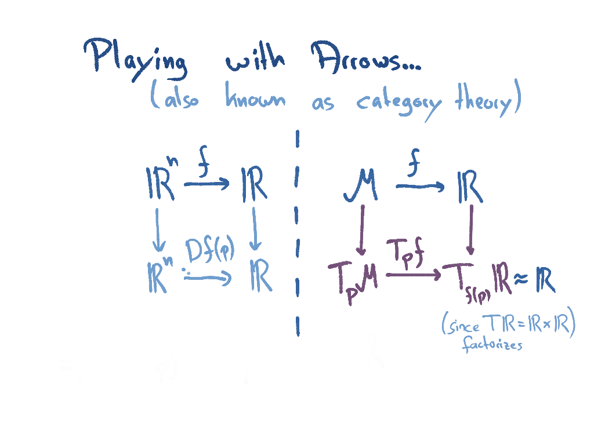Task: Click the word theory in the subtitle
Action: pos(484,101)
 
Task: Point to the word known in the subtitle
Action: pos(255,99)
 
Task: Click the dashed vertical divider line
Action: pos(297,232)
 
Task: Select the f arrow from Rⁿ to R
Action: pos(207,184)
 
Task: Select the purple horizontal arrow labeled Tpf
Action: pos(412,275)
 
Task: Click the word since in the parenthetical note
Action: pos(463,326)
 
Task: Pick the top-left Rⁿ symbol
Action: pos(161,184)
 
